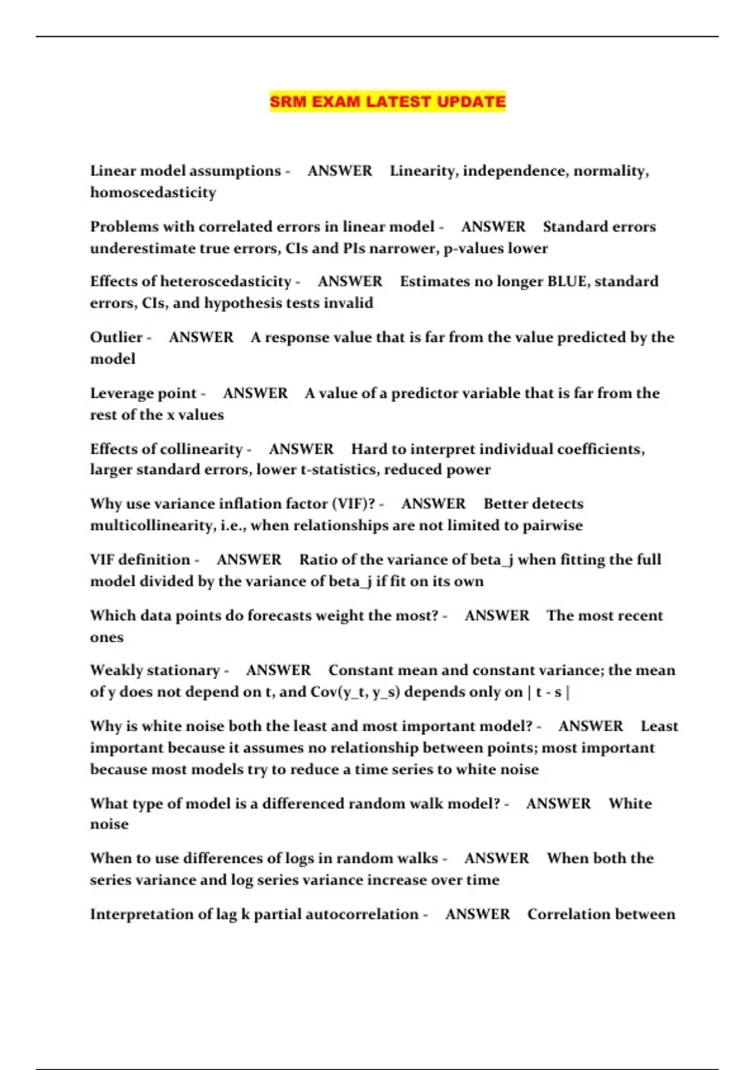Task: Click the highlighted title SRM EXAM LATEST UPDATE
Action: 388,101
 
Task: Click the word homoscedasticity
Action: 153,193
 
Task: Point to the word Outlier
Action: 116,337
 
